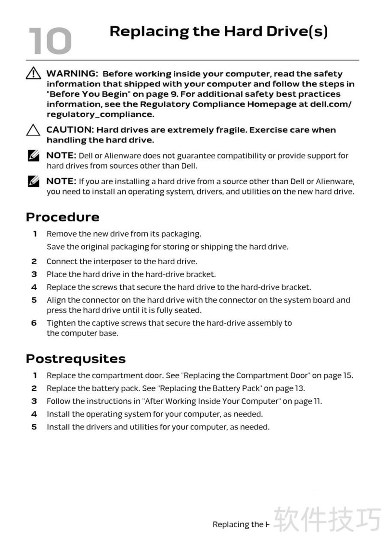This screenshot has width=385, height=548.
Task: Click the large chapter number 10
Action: [50, 40]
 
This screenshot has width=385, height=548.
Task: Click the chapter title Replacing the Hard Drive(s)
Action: [218, 32]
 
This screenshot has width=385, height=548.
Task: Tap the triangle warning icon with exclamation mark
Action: [33, 74]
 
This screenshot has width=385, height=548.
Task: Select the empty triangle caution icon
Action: [33, 130]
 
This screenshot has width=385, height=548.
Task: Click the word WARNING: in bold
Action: [72, 74]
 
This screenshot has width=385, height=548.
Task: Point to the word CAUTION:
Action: [70, 130]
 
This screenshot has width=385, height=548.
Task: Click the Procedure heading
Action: [63, 217]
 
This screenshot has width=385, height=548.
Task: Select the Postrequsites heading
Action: [76, 359]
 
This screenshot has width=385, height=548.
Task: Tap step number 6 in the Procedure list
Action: [34, 323]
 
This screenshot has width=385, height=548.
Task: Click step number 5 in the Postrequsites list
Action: [34, 427]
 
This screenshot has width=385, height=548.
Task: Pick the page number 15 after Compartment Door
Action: [347, 376]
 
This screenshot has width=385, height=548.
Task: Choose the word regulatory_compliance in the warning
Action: [100, 115]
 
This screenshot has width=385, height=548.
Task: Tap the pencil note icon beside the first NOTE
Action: [33, 156]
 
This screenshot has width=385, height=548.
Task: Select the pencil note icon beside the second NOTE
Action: [33, 182]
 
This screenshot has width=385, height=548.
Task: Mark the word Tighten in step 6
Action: [61, 323]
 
